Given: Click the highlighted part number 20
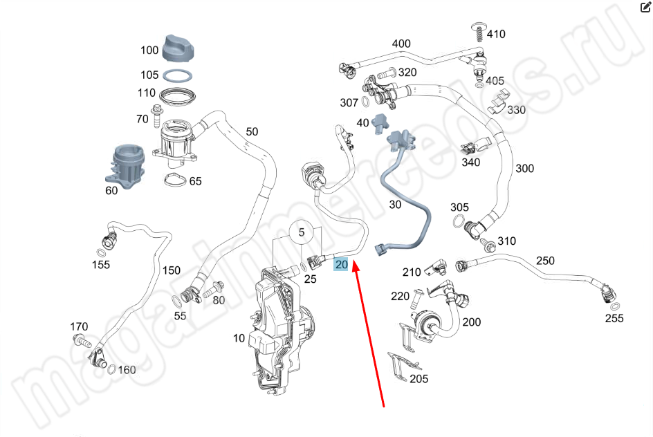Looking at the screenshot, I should [342, 263].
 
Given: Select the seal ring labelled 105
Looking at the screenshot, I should [178, 75].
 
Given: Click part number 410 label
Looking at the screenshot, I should [496, 34].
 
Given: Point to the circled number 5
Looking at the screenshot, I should [302, 233].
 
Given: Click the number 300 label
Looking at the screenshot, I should [525, 169].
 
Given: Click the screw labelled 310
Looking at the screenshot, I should [488, 245].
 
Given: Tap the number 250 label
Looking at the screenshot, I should [546, 261].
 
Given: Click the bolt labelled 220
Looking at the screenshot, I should [419, 297].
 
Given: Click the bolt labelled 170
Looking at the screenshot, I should [79, 340].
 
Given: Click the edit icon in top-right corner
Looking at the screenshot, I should [645, 8].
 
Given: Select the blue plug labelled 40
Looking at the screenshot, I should [379, 123].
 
